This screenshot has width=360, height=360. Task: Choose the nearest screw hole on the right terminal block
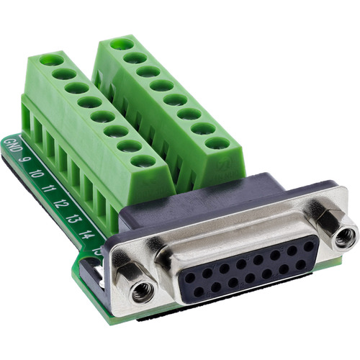[x=214, y=143]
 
